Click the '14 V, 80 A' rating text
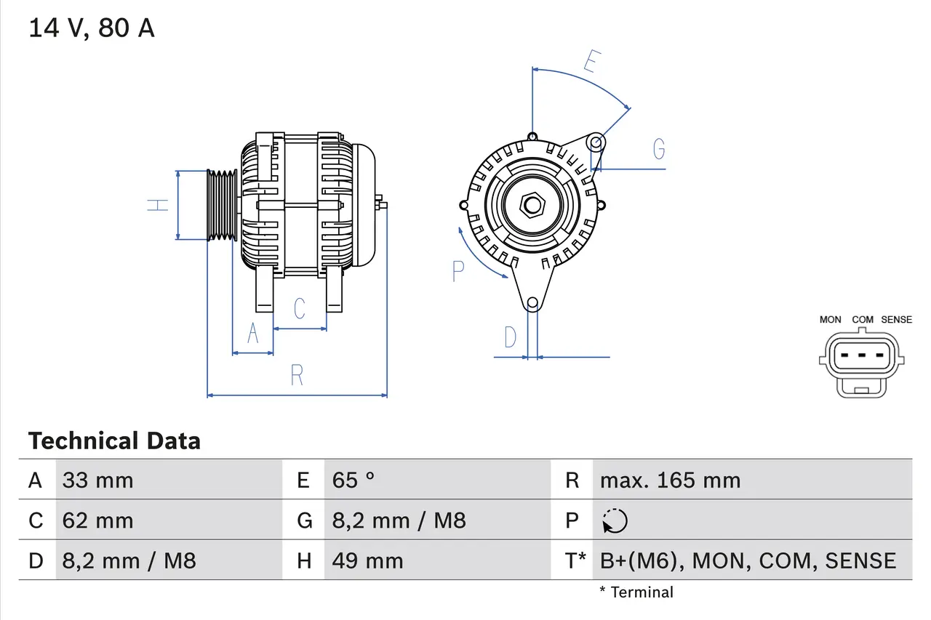[x=91, y=28]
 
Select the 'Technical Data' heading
[x=114, y=441]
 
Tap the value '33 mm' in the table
[x=97, y=480]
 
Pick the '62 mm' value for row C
[x=97, y=521]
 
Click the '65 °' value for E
[x=353, y=480]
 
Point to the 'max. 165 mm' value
[x=670, y=480]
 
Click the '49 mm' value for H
[x=367, y=561]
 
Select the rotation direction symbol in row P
[x=615, y=521]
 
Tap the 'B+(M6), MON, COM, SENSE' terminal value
[x=748, y=561]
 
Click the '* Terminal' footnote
[x=636, y=592]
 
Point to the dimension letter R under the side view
[x=297, y=376]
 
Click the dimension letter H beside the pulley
[x=158, y=205]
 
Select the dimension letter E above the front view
[x=591, y=63]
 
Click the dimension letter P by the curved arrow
[x=457, y=271]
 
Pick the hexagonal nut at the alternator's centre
[x=532, y=205]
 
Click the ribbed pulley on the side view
[x=222, y=205]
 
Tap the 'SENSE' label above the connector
[x=896, y=320]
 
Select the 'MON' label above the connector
[x=830, y=320]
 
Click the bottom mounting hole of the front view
[x=532, y=302]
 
